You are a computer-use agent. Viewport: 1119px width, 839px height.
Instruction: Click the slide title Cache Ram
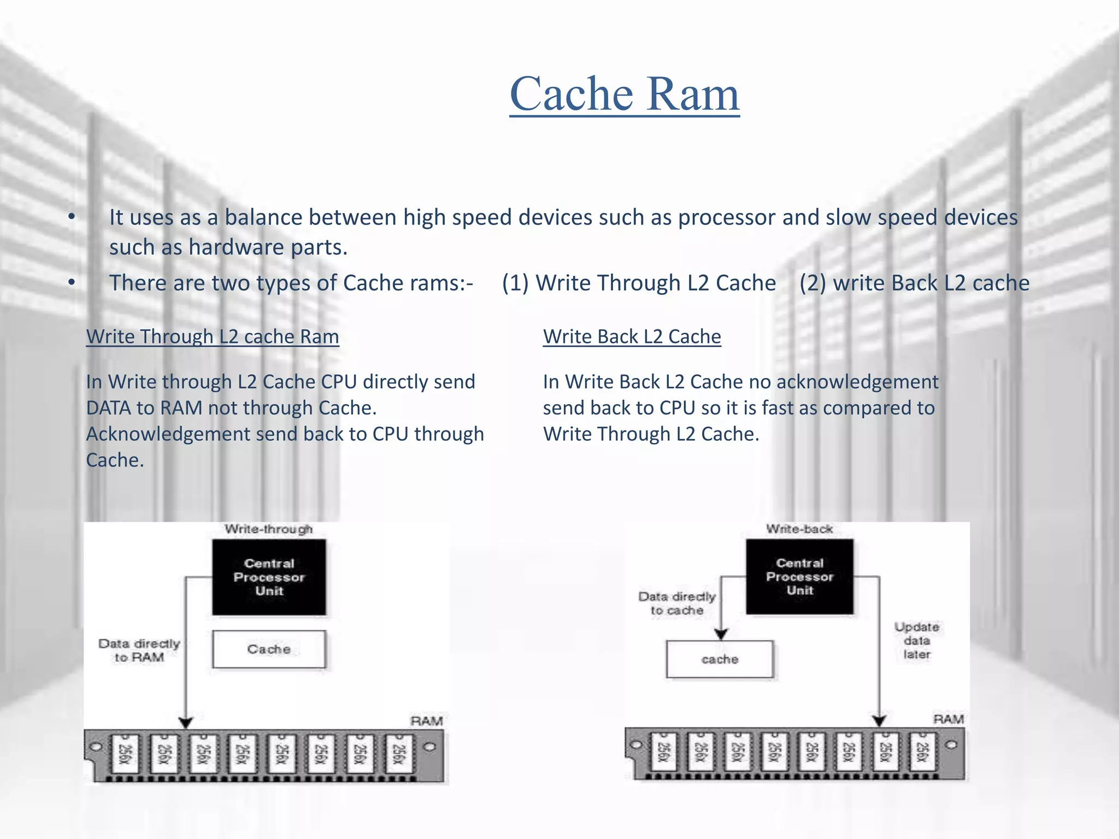pos(625,94)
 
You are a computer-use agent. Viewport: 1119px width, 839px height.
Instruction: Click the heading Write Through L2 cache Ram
pos(213,336)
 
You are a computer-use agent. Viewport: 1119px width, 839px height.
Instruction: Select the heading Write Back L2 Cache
pos(632,336)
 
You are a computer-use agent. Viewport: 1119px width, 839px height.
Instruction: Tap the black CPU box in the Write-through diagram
pos(269,577)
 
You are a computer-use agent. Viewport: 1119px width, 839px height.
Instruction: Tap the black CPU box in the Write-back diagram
pos(799,576)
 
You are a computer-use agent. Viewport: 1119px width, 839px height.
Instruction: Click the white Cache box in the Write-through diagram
pos(269,649)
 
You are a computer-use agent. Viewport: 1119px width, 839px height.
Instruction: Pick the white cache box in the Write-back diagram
pos(720,659)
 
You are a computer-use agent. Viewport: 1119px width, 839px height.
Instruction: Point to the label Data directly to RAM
pos(139,651)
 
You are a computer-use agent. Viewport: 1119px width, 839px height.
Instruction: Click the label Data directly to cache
pos(676,604)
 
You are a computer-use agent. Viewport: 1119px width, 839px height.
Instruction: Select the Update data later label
pos(916,640)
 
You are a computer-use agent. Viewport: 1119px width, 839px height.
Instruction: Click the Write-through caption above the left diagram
pos(268,529)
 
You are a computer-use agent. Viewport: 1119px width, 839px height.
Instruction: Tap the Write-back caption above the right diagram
pos(799,529)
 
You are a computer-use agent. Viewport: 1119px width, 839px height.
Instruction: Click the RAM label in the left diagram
pos(426,721)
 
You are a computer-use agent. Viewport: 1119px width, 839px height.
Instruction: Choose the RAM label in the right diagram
pos(948,719)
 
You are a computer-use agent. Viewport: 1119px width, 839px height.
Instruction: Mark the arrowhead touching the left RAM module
pos(186,723)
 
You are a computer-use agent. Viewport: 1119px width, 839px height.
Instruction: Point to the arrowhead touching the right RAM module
pos(879,721)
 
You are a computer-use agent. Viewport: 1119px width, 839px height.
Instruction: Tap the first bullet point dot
pos(72,217)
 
